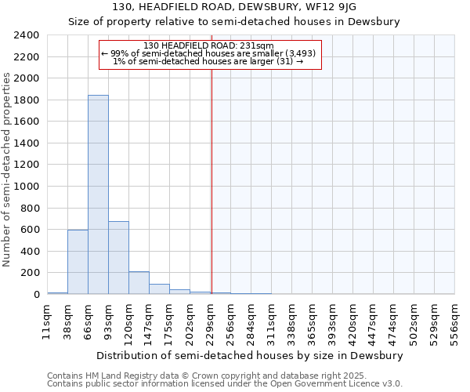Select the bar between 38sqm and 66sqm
(x=78, y=262)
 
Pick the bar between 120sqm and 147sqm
(x=139, y=283)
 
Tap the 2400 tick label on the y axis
(x=27, y=35)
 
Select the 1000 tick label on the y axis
(x=27, y=187)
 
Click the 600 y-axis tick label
(x=30, y=230)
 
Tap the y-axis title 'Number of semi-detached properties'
(x=7, y=169)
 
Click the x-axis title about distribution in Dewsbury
(x=250, y=355)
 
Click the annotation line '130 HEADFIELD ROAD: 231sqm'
(x=209, y=45)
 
